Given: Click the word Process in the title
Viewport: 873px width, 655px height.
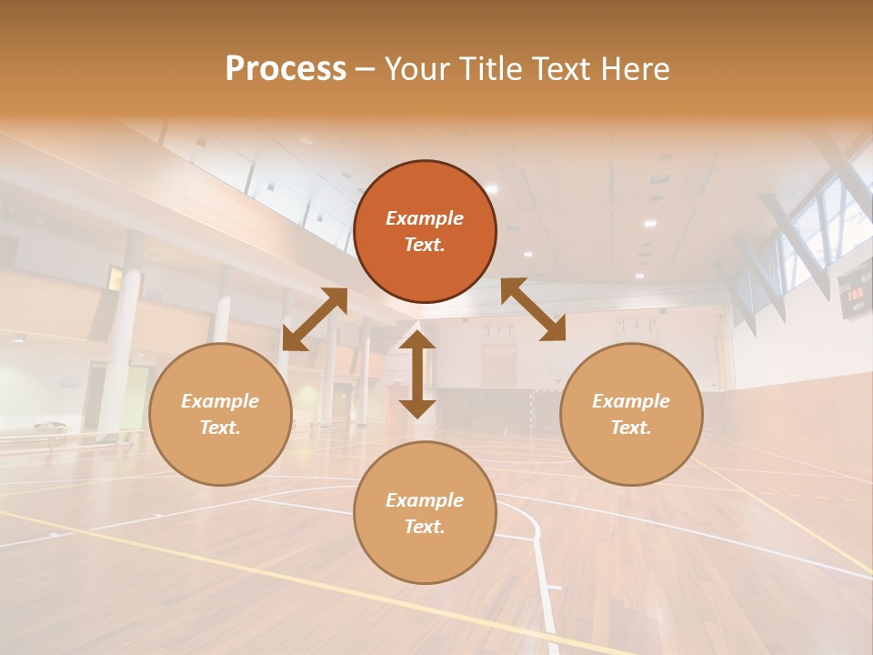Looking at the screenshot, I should click(x=286, y=69).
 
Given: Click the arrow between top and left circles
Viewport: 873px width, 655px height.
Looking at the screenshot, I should click(x=314, y=319).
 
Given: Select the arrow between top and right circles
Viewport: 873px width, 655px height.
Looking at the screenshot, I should click(x=534, y=309).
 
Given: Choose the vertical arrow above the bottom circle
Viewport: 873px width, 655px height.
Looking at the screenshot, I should click(x=417, y=374).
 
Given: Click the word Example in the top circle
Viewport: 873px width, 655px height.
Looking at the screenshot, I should click(x=425, y=218).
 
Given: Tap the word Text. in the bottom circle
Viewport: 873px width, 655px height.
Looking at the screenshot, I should click(x=425, y=527).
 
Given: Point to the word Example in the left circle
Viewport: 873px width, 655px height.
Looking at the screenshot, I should click(x=220, y=401).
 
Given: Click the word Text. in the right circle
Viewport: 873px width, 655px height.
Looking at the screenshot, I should click(x=631, y=428).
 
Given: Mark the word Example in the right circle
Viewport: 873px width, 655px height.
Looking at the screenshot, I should click(x=631, y=401).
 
